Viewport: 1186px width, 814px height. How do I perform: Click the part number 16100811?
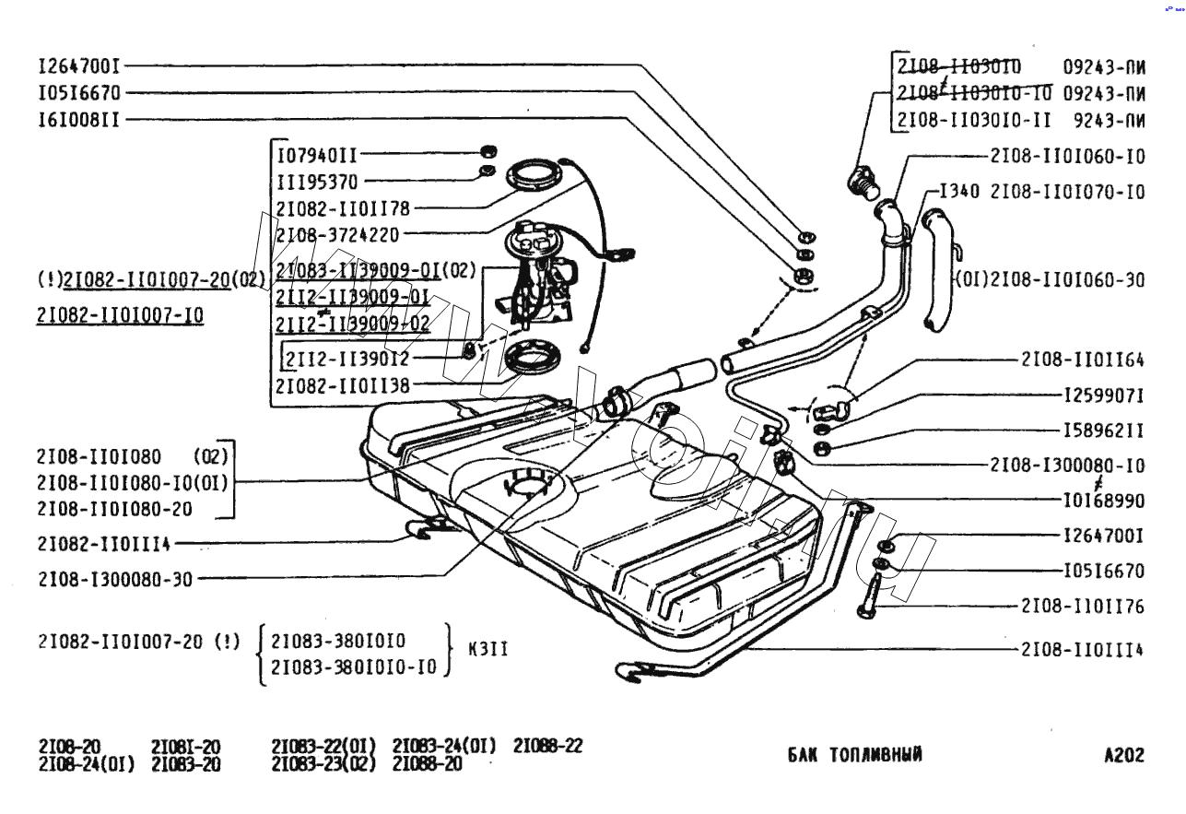[x=78, y=120]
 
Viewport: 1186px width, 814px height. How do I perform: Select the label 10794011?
[x=317, y=156]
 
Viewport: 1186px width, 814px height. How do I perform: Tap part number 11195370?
[x=317, y=183]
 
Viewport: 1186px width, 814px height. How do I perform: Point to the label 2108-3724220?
[x=337, y=235]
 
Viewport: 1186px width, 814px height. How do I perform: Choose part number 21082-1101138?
[x=342, y=384]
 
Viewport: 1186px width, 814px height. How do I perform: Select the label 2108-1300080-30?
[x=116, y=579]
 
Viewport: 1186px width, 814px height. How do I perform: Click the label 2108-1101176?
[x=1082, y=606]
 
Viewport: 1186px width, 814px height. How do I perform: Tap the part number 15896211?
[x=1104, y=431]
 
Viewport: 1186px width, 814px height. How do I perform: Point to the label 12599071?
[x=1104, y=395]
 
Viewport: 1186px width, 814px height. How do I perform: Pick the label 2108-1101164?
[x=1082, y=360]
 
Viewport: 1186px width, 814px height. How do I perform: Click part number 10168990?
[x=1104, y=501]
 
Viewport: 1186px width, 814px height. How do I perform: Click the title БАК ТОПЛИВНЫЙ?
[x=854, y=755]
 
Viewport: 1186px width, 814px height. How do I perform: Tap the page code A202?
[x=1123, y=755]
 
